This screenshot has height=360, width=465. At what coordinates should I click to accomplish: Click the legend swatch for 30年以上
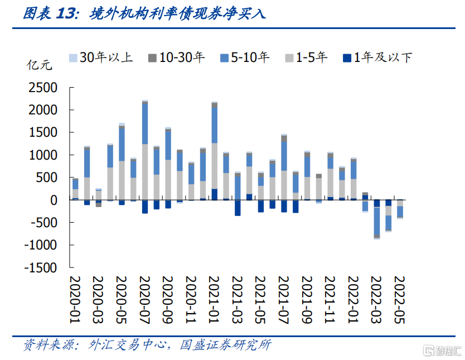coord(73,58)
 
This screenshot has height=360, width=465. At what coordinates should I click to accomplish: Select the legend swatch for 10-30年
coord(152,58)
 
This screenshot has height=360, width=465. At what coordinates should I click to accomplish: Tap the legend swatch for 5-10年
coord(225,58)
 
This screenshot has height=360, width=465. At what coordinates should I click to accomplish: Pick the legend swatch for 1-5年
coord(289,58)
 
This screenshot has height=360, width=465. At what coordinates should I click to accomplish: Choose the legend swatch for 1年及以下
coord(347,58)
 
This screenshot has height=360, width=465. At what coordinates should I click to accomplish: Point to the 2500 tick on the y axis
coord(71,88)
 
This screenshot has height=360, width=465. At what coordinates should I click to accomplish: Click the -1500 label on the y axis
coord(41,268)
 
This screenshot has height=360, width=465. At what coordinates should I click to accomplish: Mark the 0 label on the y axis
coord(54,200)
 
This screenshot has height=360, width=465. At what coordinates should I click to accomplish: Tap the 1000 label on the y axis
coord(43,155)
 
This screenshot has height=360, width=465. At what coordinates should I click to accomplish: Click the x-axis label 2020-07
coord(145,300)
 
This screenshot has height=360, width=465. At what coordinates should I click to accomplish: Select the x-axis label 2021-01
coord(214,300)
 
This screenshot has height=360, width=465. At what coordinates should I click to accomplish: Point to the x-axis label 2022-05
coord(399,300)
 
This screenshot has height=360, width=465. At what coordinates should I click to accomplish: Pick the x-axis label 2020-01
coord(75,300)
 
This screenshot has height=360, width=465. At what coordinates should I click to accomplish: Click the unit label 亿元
coord(40,65)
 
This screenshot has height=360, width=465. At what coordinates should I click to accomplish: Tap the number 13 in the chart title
coord(66,13)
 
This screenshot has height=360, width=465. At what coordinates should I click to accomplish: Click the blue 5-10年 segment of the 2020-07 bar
coord(145,124)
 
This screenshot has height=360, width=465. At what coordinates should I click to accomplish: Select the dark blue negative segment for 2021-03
coord(238,208)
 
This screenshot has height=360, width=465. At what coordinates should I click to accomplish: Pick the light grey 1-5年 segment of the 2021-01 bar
coord(215,166)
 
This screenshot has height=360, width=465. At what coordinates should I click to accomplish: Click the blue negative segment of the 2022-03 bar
coord(377,221)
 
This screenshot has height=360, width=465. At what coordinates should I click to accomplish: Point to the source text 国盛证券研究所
coord(225,345)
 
